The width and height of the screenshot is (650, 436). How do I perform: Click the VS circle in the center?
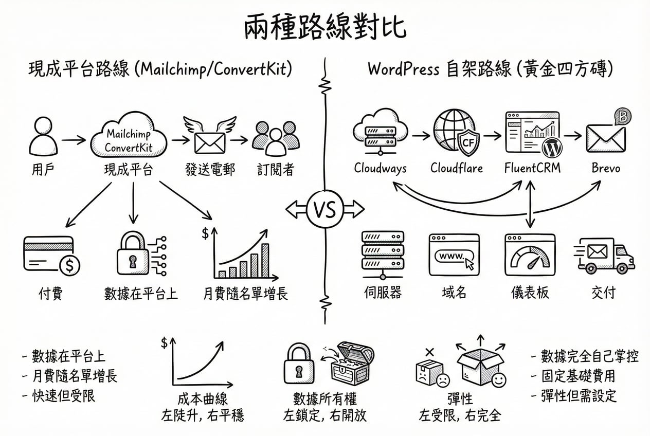tap(324, 209)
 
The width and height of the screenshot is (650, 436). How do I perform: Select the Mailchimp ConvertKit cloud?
tap(129, 139)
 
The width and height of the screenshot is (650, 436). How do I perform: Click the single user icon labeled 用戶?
tap(43, 138)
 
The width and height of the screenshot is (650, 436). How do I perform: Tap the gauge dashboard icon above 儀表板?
tap(529, 255)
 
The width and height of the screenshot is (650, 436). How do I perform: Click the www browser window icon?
tap(454, 255)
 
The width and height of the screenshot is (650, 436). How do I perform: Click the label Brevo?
tap(605, 168)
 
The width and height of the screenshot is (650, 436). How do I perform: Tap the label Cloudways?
tap(380, 168)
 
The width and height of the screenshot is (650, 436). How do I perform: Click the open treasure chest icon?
tap(353, 364)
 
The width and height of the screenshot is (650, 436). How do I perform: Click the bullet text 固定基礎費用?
tap(578, 376)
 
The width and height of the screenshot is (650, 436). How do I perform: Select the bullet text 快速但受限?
tap(64, 396)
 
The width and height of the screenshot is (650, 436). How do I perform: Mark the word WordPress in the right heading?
tap(403, 69)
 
